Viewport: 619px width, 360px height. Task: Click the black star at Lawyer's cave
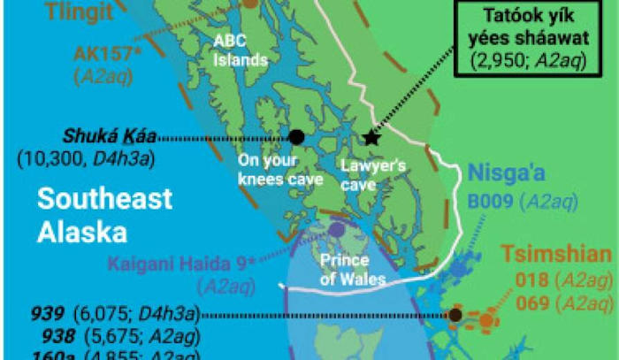click(x=371, y=138)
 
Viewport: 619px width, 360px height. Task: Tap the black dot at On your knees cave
click(x=296, y=137)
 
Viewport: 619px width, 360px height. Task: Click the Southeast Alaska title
click(x=103, y=215)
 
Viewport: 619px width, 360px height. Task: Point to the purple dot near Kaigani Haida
click(x=336, y=229)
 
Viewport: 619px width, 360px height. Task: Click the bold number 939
click(x=46, y=313)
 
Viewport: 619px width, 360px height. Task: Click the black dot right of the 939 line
click(x=455, y=314)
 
